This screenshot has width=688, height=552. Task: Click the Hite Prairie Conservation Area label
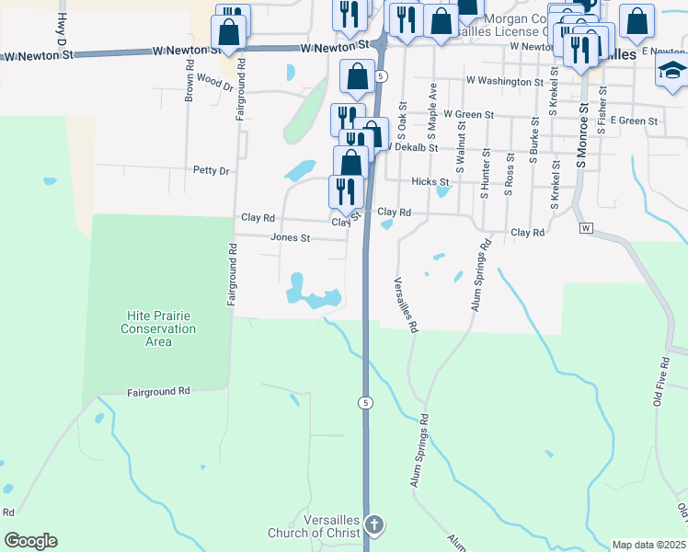(x=160, y=328)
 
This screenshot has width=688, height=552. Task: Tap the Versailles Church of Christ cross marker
(x=373, y=524)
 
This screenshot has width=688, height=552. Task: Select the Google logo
(x=30, y=541)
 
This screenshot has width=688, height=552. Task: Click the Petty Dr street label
(x=211, y=170)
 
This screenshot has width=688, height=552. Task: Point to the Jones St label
(x=291, y=237)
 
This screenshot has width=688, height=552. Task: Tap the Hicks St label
(x=430, y=182)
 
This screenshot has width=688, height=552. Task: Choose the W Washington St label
(x=504, y=82)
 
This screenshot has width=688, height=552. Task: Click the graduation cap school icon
(x=672, y=70)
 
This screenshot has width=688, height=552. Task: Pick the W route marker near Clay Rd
(x=584, y=227)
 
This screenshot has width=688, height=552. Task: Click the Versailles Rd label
(x=406, y=305)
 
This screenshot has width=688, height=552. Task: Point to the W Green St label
(x=468, y=115)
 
